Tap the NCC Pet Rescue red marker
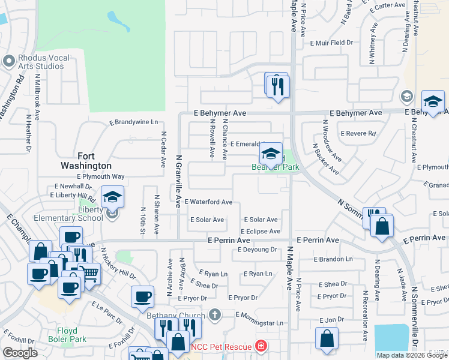[261, 347]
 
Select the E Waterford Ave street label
[208, 202]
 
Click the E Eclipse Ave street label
[261, 232]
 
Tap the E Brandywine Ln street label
[133, 122]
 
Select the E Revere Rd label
[358, 133]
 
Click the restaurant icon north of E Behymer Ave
[277, 86]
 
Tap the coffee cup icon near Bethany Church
[143, 296]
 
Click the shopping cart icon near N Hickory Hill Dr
[89, 273]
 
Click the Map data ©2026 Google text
[411, 355]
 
